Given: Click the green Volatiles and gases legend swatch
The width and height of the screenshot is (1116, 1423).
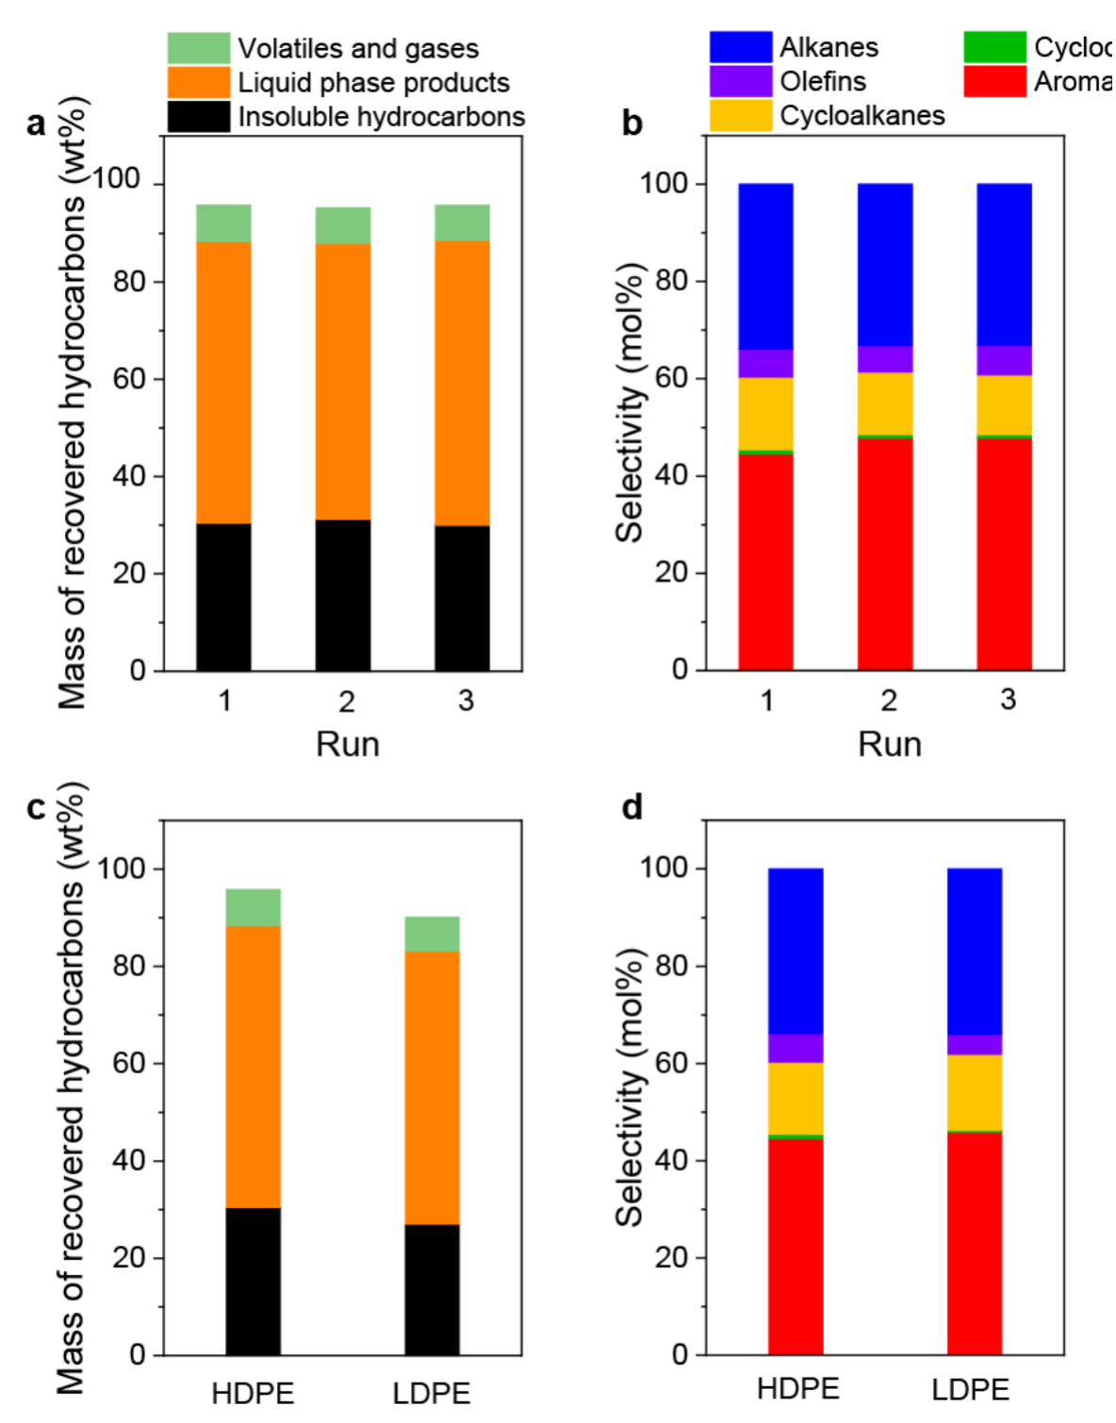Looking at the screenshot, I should click(198, 48).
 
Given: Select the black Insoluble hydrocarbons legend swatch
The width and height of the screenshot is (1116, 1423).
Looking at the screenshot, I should click(198, 116).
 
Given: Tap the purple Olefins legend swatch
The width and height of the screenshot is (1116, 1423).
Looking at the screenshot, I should click(740, 81).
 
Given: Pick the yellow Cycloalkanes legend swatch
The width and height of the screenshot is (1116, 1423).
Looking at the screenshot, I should click(740, 115).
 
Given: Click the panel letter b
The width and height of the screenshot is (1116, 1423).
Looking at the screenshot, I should click(632, 123).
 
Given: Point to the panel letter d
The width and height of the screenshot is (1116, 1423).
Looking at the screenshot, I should click(632, 808).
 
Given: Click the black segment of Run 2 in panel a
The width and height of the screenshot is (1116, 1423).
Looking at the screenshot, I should click(343, 596).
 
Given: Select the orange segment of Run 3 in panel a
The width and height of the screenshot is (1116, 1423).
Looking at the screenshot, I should click(462, 383).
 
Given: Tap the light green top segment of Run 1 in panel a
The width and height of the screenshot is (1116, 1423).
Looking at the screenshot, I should click(223, 223).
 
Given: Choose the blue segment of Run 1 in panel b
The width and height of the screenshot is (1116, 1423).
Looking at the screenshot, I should click(765, 266).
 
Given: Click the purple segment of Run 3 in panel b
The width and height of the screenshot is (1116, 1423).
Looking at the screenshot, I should click(1004, 360).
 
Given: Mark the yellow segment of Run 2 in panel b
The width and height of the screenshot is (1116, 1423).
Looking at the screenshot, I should click(885, 403).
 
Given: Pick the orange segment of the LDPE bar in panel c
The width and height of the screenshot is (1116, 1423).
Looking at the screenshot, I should click(433, 1088).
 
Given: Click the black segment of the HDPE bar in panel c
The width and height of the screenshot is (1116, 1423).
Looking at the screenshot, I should click(254, 1282).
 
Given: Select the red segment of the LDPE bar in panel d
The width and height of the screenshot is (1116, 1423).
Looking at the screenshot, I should click(975, 1243).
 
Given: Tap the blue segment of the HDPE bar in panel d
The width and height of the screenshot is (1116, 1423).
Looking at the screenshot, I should click(796, 951).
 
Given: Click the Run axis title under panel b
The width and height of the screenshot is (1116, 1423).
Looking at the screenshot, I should click(889, 744).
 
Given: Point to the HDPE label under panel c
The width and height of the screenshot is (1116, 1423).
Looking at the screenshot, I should click(253, 1393).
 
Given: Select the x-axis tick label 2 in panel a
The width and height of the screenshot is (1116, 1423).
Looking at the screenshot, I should click(347, 701).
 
